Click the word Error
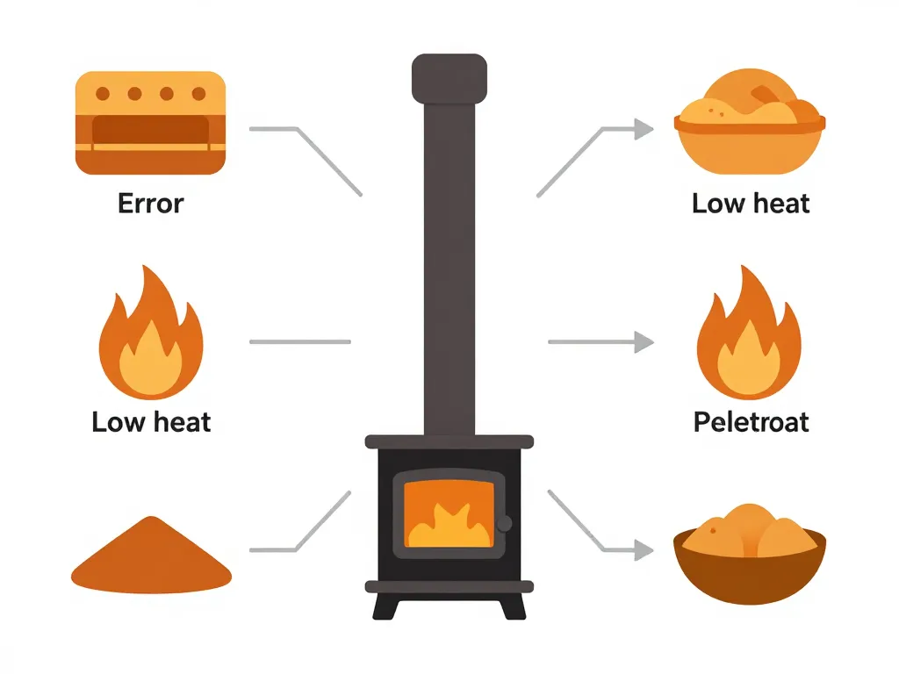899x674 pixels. coord(150,204)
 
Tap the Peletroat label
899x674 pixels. coord(751,422)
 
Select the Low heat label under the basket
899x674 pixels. coord(751,204)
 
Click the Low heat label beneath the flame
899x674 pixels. coord(151,422)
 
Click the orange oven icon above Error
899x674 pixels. coord(150,123)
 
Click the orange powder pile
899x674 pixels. coord(150,555)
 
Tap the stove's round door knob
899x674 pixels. coord(505,524)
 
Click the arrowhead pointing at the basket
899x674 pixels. coord(644,129)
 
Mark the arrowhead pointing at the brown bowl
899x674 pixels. coord(644,550)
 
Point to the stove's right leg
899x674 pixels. coord(512,606)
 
